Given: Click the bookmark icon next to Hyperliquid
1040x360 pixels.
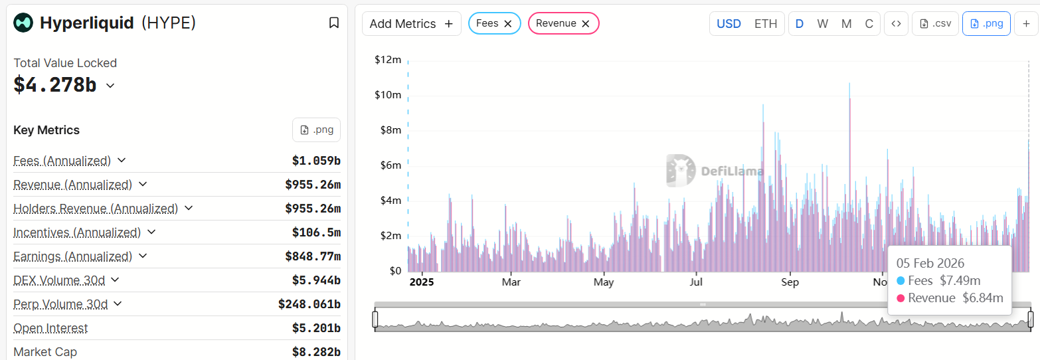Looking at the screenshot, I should (334, 23).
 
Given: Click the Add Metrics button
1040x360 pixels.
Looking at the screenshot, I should (411, 24).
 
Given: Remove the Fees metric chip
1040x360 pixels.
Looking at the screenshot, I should (508, 24).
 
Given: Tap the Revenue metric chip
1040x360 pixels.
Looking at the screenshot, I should (556, 24).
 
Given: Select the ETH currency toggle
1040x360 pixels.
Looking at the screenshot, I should (765, 24).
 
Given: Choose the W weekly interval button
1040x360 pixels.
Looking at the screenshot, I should (822, 24).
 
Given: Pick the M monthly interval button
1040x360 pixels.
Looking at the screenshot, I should (846, 24).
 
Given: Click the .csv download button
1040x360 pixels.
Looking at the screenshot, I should (935, 24).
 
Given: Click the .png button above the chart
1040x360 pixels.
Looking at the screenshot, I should (986, 24).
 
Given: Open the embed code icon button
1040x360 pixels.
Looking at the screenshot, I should (896, 24).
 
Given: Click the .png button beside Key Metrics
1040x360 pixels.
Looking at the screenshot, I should (316, 130).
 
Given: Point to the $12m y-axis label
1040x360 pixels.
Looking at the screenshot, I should (388, 60).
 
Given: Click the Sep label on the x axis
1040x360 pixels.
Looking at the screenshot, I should (790, 282).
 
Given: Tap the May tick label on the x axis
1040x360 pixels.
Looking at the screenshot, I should (604, 282).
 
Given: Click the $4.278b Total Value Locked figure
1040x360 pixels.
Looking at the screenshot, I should (55, 85).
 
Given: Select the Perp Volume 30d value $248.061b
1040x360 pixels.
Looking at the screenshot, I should (309, 304).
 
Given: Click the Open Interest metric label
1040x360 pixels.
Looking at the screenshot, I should (50, 328).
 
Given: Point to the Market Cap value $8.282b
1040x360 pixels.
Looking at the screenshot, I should (316, 352).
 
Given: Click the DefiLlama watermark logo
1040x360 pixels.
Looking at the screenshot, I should (715, 171).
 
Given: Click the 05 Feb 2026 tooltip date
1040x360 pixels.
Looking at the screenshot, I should (930, 264).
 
